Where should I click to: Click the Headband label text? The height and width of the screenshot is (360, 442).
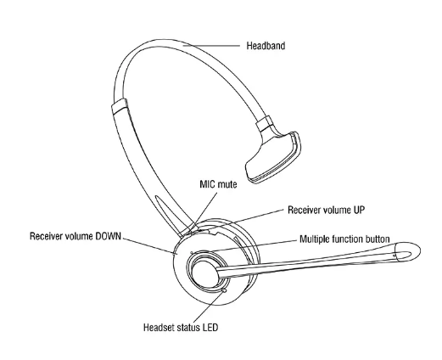266,46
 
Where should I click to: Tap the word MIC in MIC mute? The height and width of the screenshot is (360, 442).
208,184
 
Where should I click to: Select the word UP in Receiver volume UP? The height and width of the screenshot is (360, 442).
358,210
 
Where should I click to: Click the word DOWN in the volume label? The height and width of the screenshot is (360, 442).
108,236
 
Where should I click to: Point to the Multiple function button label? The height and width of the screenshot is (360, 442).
344,239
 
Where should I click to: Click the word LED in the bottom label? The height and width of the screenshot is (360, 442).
210,328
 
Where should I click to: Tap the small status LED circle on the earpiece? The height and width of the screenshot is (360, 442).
225,290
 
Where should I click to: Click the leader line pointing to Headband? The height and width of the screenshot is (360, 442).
211,45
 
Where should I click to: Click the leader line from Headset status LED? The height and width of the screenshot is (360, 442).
209,307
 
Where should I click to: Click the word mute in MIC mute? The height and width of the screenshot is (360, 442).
227,184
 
